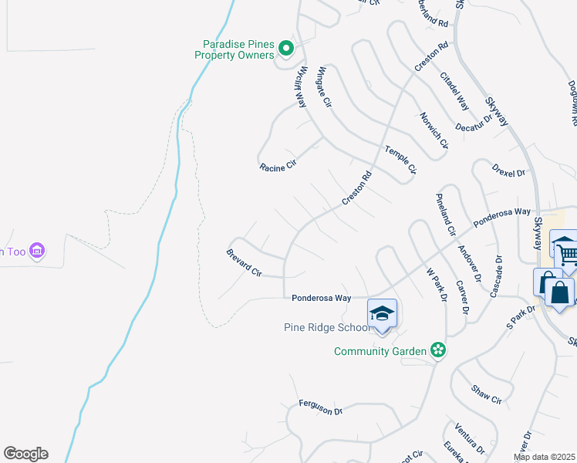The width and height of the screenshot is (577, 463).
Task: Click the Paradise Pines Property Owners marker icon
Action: tap(285, 49)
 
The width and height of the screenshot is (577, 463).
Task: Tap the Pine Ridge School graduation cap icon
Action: tap(382, 313)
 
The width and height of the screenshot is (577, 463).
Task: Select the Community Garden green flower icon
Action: tap(438, 350)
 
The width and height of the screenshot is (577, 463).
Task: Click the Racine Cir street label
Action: tap(278, 167)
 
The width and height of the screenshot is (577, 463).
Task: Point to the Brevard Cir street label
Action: tap(244, 263)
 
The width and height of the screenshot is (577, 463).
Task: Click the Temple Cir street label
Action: tap(400, 158)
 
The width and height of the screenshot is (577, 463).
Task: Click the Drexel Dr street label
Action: tap(508, 168)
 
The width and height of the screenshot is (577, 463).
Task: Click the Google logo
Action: tap(25, 454)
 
